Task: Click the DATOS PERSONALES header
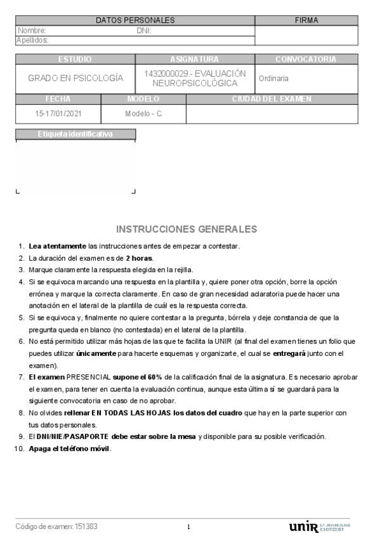[x=135, y=20]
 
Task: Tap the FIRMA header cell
[x=306, y=20]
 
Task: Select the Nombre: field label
[x=32, y=30]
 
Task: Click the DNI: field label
[x=143, y=30]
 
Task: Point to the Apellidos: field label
[x=33, y=40]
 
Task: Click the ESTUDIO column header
[x=75, y=59]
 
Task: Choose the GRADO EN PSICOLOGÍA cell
[x=75, y=78]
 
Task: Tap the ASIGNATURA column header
[x=195, y=59]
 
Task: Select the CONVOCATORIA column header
[x=306, y=59]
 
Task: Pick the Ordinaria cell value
[x=274, y=78]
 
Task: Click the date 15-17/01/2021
[x=58, y=114]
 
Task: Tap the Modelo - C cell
[x=143, y=114]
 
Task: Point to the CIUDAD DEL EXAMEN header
[x=272, y=99]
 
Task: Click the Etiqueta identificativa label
[x=75, y=134]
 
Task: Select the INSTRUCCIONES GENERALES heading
[x=187, y=229]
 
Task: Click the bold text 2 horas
[x=140, y=258]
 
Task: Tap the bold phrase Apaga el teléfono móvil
[x=70, y=449]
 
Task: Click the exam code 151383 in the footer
[x=86, y=527]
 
